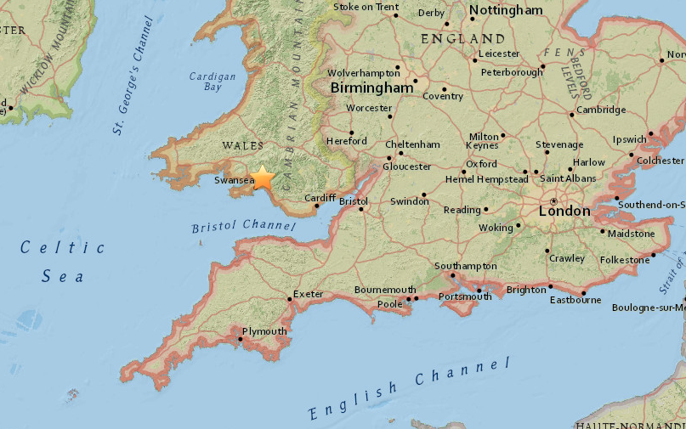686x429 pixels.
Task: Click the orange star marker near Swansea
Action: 263,178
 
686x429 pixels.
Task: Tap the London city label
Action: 564,211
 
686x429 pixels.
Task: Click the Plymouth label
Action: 264,331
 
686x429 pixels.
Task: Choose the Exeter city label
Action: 309,295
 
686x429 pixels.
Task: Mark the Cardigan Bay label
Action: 206,81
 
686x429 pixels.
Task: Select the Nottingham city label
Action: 506,11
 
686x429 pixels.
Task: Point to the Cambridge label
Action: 601,110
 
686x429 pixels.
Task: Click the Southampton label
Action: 465,266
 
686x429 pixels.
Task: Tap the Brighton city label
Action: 526,290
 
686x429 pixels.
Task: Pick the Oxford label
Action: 481,164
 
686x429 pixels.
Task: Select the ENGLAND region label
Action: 462,39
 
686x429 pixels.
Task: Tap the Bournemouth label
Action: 385,290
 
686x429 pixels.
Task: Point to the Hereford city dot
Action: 350,133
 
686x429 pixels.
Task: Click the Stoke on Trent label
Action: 366,7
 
